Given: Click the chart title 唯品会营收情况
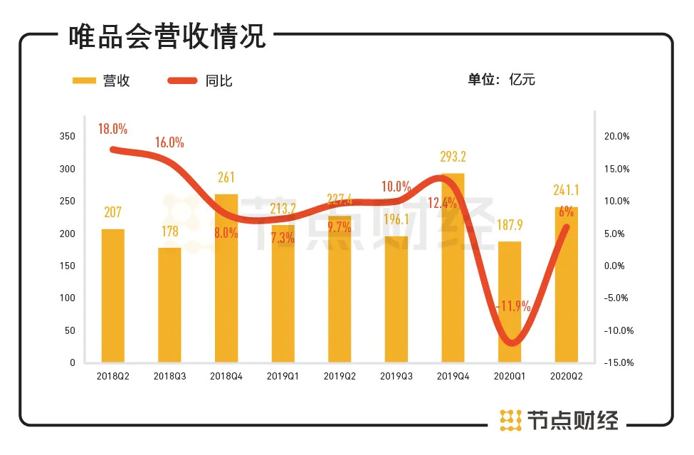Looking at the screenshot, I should [x=167, y=37].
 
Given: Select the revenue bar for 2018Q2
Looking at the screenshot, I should [x=112, y=296].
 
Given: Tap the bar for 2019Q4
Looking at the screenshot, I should [x=453, y=268].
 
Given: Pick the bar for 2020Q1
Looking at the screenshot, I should [x=510, y=302].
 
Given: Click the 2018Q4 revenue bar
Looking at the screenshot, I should [x=226, y=278].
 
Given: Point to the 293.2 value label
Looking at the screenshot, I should [x=453, y=157].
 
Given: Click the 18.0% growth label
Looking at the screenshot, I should [x=113, y=129].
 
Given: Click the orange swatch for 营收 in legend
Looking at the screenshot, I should [x=85, y=80].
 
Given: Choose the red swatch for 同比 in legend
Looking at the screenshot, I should [x=183, y=80].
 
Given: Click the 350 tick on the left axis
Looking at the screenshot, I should [x=67, y=137].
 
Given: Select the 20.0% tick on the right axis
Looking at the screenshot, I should [x=617, y=137].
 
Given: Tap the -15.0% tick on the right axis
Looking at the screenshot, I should [x=616, y=362].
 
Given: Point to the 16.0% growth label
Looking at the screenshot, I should [x=169, y=142].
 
